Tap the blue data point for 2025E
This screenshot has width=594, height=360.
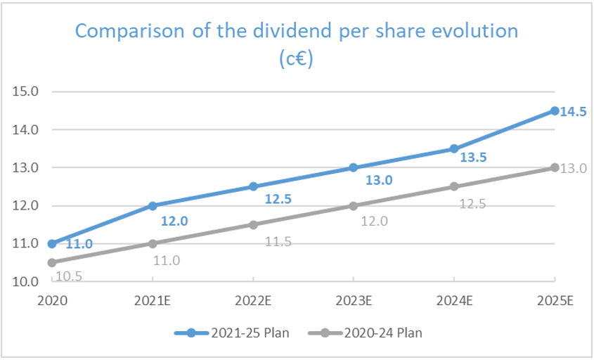tap(555, 111)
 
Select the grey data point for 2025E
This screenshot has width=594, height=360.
tap(555, 167)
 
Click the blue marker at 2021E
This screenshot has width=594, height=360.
tap(153, 205)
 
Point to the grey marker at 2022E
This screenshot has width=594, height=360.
tap(253, 224)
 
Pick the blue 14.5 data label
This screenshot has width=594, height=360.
tap(573, 111)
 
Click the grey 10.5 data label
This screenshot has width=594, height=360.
tap(68, 276)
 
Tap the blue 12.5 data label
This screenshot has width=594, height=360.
tap(278, 200)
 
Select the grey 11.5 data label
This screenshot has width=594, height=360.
tap(278, 242)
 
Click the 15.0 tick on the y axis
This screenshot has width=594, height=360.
tap(26, 91)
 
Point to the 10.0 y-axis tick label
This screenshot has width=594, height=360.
tap(26, 282)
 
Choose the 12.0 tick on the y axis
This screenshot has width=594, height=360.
tap(26, 206)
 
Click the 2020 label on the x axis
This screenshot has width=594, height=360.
tap(51, 301)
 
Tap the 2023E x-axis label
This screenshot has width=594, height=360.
tap(354, 301)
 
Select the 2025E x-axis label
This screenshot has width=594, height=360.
tap(555, 301)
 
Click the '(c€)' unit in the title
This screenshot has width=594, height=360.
tap(296, 59)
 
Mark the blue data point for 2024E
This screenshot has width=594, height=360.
tap(454, 148)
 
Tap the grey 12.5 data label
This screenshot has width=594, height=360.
tap(472, 204)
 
